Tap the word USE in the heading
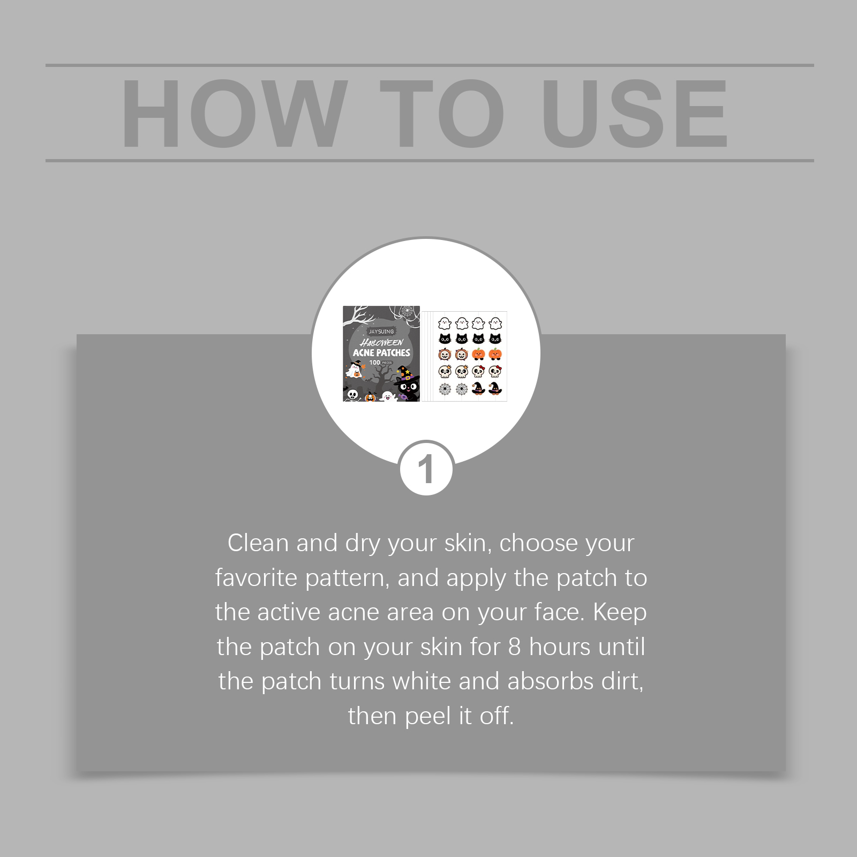point(635,114)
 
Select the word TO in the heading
point(442,114)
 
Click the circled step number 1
point(426,470)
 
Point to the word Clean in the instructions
point(258,543)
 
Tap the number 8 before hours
point(514,647)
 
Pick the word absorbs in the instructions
point(546,681)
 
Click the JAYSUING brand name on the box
point(381,332)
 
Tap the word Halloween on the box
point(382,342)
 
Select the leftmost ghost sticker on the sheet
point(445,323)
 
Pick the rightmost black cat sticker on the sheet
point(495,339)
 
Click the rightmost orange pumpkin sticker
point(495,354)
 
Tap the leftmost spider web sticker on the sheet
point(445,388)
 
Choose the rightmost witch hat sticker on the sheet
point(495,388)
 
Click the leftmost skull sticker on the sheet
point(445,371)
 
